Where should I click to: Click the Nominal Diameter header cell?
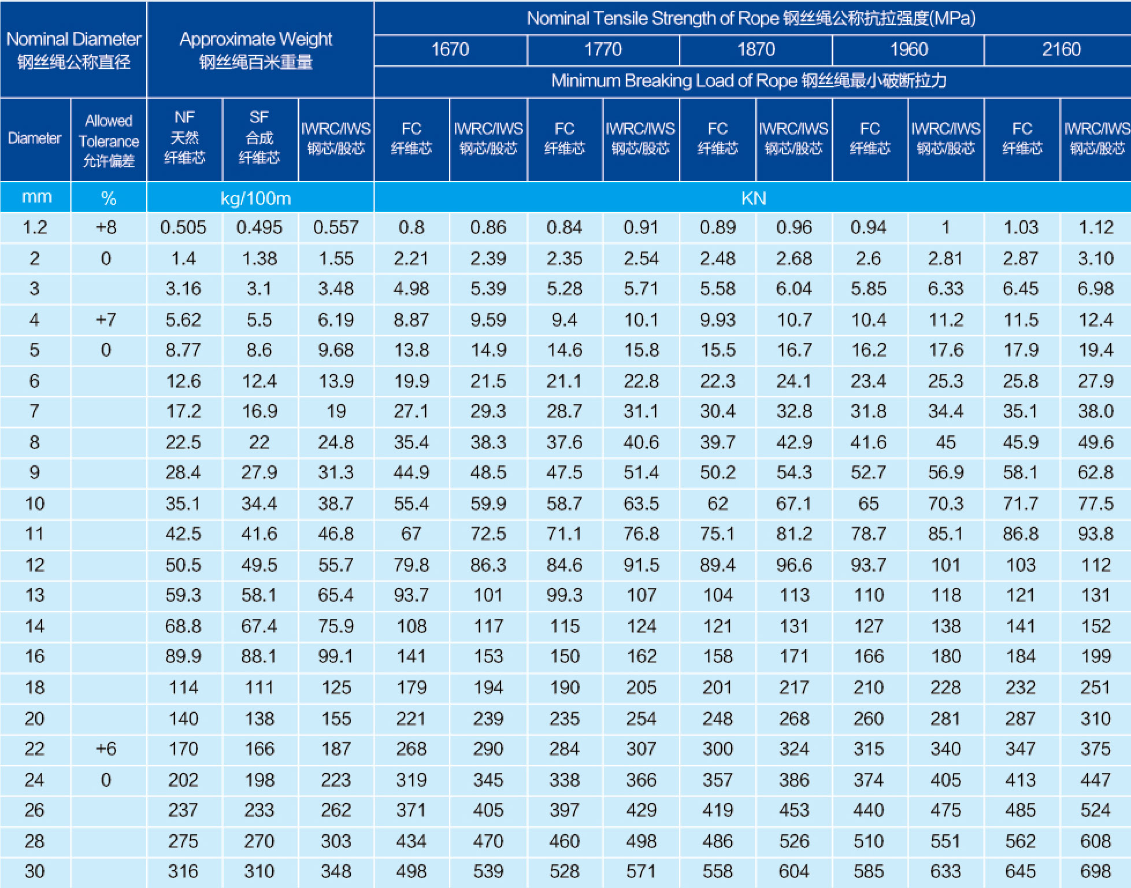click(73, 50)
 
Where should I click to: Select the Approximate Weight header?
click(255, 50)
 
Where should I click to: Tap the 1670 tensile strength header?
click(450, 50)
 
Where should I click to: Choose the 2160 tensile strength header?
click(1061, 50)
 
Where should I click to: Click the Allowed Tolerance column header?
click(109, 140)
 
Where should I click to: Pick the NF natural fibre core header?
click(184, 138)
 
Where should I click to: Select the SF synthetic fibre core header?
click(259, 138)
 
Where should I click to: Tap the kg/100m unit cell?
click(255, 198)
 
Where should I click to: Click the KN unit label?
click(753, 198)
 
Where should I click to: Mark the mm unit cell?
click(36, 197)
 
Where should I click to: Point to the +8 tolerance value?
click(106, 227)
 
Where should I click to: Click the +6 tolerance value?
click(106, 749)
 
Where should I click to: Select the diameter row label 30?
click(35, 871)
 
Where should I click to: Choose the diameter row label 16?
click(35, 656)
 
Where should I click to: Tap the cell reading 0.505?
click(183, 227)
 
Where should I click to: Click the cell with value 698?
click(1095, 871)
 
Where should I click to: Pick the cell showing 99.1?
click(336, 656)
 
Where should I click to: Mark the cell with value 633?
click(945, 871)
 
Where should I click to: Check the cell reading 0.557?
click(336, 227)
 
